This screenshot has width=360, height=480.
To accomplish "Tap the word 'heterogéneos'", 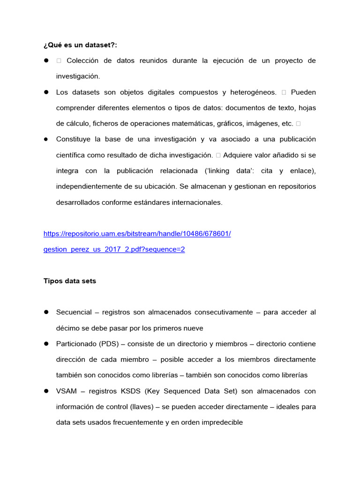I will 251,92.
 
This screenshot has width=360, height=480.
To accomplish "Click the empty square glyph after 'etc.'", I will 298,124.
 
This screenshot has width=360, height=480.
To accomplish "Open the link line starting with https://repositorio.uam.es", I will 137,233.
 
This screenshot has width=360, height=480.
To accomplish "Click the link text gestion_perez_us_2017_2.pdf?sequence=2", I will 114,249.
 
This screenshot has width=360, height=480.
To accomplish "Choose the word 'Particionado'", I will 76,344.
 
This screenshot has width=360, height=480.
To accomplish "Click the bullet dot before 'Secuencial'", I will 46,312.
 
